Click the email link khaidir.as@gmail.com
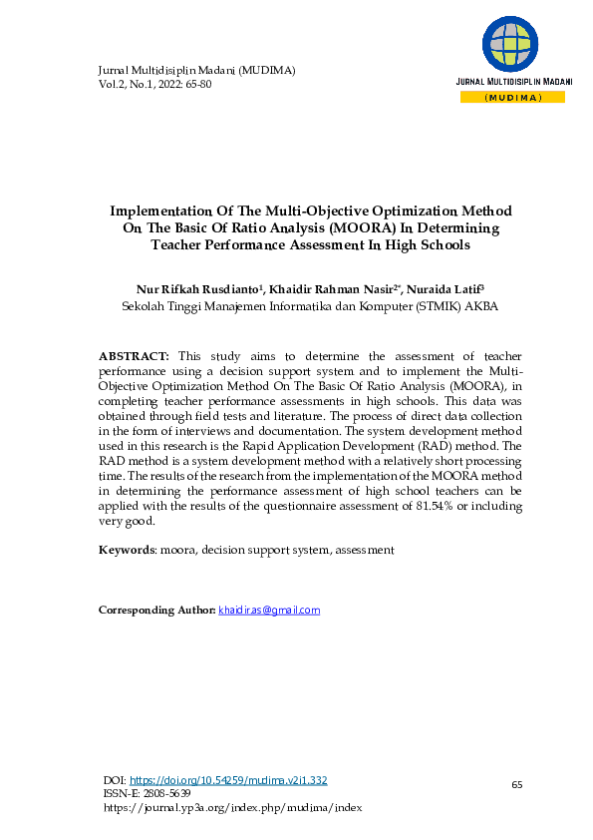269,610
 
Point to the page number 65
517,785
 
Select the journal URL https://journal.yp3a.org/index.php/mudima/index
232,807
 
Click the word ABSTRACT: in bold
135,355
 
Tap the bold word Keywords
127,550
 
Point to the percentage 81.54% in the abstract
458,507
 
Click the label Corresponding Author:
156,610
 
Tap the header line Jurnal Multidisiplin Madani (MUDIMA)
196,70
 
